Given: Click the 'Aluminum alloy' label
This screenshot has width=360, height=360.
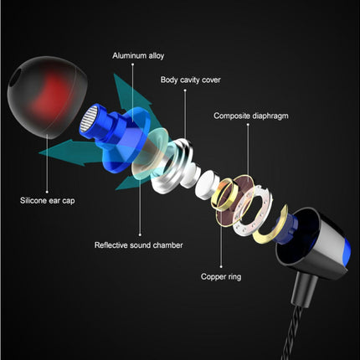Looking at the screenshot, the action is click(x=138, y=56).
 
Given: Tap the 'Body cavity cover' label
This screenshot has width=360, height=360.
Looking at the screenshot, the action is click(x=190, y=80).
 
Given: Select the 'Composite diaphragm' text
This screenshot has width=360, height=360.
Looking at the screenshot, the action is click(x=251, y=116).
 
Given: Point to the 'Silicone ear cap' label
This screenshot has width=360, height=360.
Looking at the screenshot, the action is click(x=48, y=201).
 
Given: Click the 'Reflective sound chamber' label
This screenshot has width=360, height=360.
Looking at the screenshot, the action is click(x=139, y=245).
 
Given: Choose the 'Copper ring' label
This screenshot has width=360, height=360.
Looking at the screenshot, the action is click(x=221, y=277).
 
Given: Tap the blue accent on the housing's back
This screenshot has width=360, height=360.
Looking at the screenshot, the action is click(x=347, y=251).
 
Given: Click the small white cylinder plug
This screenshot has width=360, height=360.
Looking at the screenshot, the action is click(x=206, y=185).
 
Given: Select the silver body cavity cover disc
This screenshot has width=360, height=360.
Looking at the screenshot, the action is click(x=172, y=167).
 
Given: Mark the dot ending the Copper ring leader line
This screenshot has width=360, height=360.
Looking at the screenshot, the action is click(x=221, y=267).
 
